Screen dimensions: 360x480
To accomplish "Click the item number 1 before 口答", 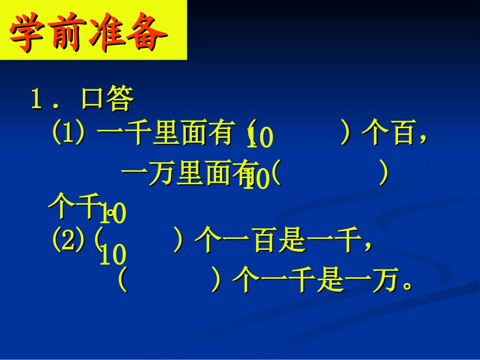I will (x=37, y=99).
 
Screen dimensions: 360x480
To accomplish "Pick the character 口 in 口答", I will (x=92, y=99).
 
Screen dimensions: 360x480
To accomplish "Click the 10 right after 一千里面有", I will (x=260, y=138).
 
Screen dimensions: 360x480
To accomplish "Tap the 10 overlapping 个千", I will (x=113, y=214).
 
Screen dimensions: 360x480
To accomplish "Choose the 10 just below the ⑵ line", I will (x=112, y=255).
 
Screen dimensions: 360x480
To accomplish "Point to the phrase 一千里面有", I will (x=166, y=135).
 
